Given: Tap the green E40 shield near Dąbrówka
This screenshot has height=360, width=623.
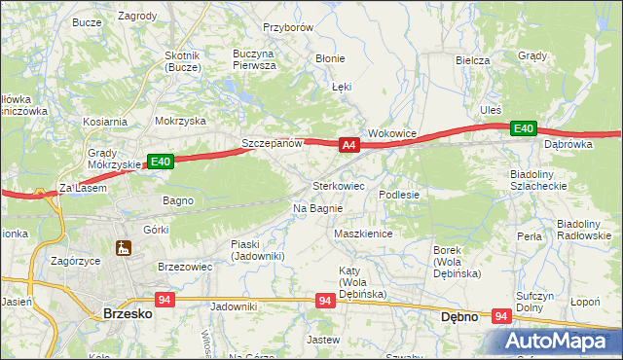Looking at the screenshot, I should [x=525, y=128].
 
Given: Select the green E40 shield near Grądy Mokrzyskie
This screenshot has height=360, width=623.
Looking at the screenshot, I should [x=161, y=162].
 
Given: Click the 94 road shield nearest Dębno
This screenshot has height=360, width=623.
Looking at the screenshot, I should [x=501, y=316].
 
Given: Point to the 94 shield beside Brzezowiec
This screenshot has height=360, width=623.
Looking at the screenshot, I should [x=164, y=301].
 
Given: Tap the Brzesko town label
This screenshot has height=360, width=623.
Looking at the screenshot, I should [x=126, y=314].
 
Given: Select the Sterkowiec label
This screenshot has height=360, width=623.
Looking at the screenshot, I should [x=338, y=185].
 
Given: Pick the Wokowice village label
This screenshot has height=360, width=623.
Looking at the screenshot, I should [x=392, y=133].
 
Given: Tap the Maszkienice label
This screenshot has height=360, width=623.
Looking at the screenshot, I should [x=362, y=234].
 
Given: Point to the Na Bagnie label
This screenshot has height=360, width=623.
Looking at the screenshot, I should [x=317, y=208].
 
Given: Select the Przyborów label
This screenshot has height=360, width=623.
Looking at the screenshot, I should [x=287, y=28].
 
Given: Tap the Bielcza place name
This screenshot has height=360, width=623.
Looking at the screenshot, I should [x=472, y=60].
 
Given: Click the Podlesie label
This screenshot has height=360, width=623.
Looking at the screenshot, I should [x=399, y=195].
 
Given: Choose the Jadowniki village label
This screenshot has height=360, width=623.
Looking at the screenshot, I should [x=234, y=306].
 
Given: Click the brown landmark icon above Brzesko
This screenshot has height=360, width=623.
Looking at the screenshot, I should [x=124, y=248].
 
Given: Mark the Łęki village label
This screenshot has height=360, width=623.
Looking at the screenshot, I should [x=341, y=87].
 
